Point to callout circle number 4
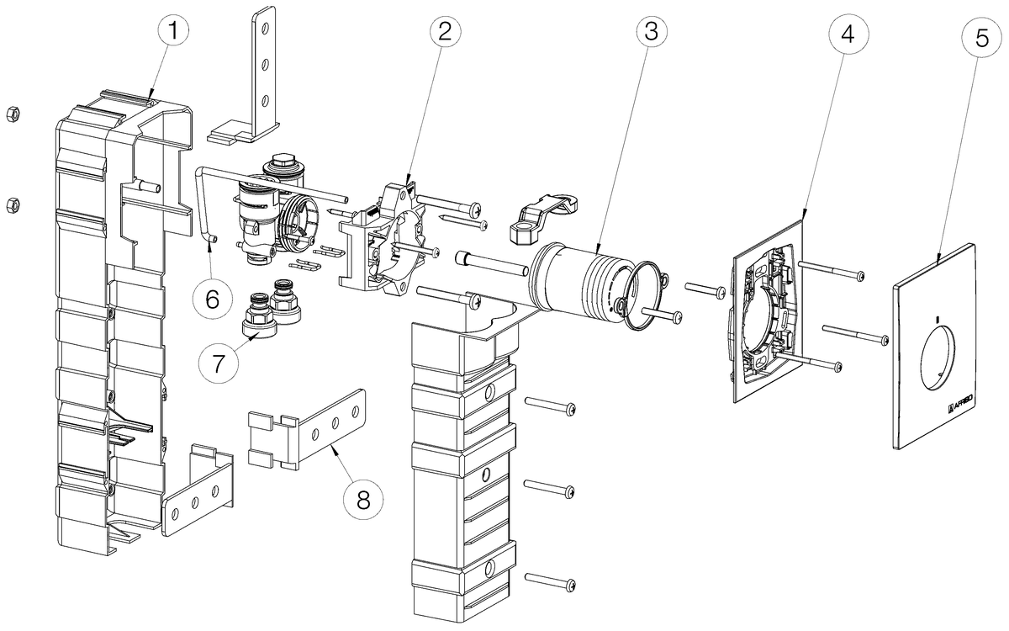point(848,34)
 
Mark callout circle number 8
point(363,498)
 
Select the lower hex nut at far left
point(12,203)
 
